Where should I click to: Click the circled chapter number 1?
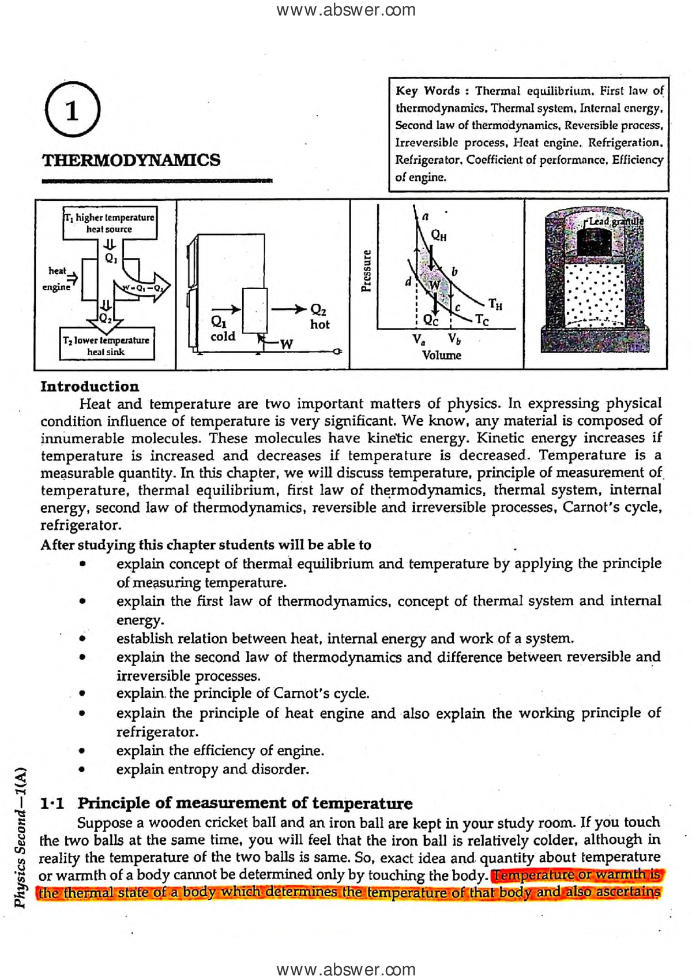[73, 110]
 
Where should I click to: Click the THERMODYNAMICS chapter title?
[131, 160]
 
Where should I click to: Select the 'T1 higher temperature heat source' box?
[110, 223]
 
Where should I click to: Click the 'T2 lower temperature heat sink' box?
[107, 345]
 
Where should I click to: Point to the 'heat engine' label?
[57, 278]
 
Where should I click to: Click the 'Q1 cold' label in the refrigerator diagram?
[223, 328]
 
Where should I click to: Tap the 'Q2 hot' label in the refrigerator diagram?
[319, 317]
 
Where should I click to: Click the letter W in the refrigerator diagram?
[287, 344]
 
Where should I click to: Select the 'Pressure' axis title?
[366, 271]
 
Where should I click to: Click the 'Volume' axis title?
[442, 355]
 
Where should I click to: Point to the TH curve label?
[495, 304]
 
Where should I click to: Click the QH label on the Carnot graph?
[439, 235]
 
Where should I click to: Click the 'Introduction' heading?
[90, 386]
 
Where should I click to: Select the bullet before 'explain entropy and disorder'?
[83, 769]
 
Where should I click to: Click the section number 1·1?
[52, 803]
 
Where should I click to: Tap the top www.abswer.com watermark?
[346, 10]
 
